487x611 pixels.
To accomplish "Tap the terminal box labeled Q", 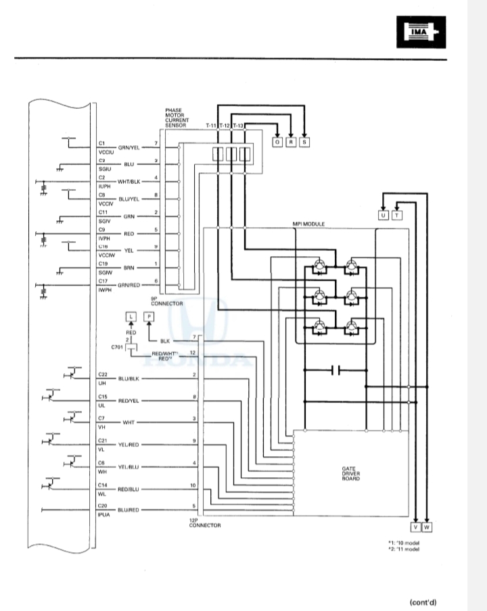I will click(277, 142).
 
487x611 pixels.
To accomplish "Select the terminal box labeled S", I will click(304, 142).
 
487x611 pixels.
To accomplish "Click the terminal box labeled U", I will click(384, 215).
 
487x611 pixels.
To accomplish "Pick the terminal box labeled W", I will click(427, 527).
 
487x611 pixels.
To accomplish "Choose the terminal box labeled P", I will click(149, 317).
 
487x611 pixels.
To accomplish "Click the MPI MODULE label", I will click(308, 223).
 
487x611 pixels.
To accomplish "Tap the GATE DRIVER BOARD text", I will click(351, 473).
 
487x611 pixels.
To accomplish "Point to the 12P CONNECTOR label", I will click(205, 522).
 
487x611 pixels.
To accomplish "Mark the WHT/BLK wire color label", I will click(129, 182).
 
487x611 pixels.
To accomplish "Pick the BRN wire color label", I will click(129, 268).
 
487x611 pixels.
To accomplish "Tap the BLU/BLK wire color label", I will click(129, 378).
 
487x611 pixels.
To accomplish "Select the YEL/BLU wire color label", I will click(129, 466).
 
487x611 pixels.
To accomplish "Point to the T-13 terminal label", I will click(238, 126).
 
